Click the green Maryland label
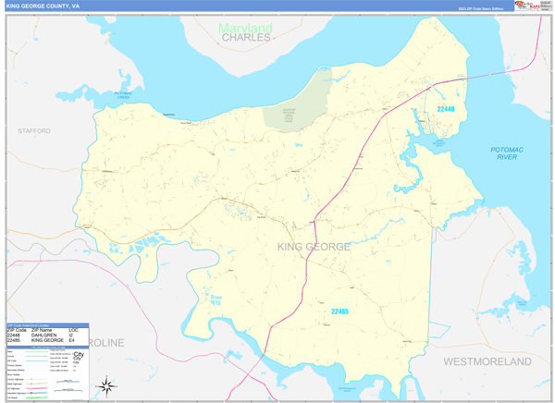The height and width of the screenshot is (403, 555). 245,28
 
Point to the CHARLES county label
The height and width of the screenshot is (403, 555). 246,38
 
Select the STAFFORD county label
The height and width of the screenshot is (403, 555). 34,131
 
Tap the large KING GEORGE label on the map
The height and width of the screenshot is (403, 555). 314,247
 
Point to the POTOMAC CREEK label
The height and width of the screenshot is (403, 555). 123,94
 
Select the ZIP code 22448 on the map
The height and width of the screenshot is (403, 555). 446,109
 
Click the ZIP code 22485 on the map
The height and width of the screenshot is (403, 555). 339,311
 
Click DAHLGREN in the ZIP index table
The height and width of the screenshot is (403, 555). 45,336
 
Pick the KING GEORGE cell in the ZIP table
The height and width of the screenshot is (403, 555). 50,341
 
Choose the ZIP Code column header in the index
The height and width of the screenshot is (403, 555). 18,330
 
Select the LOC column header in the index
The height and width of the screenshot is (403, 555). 73,330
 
